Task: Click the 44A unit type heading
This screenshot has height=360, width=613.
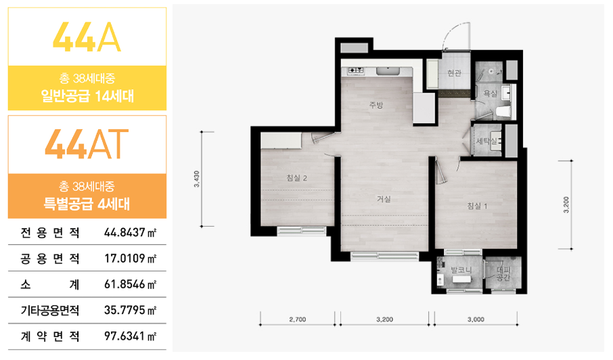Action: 87,37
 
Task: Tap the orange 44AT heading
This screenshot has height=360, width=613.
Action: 87,144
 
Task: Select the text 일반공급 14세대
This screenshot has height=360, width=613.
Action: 87,96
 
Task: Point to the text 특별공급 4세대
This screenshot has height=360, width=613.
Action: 87,204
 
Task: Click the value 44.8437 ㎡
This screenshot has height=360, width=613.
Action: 130,233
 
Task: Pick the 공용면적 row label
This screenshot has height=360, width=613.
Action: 50,258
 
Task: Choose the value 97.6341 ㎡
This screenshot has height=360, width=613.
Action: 130,336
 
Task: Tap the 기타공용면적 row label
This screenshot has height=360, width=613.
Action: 50,311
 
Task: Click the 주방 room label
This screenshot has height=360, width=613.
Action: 376,105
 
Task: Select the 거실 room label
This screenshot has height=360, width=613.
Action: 384,199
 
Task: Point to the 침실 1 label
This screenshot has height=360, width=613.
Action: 478,206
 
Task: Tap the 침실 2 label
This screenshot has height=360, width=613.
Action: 297,178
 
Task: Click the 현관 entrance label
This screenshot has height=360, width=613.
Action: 454,72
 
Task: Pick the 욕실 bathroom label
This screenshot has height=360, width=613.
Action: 491,93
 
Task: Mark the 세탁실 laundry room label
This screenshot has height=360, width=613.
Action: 487,141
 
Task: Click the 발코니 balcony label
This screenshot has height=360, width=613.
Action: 461,270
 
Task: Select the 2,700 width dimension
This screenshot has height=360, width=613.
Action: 298,319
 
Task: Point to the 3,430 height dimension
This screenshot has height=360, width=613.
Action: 197,179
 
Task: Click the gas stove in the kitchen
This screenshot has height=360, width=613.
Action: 356,70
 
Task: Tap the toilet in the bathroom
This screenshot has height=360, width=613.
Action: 503,112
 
